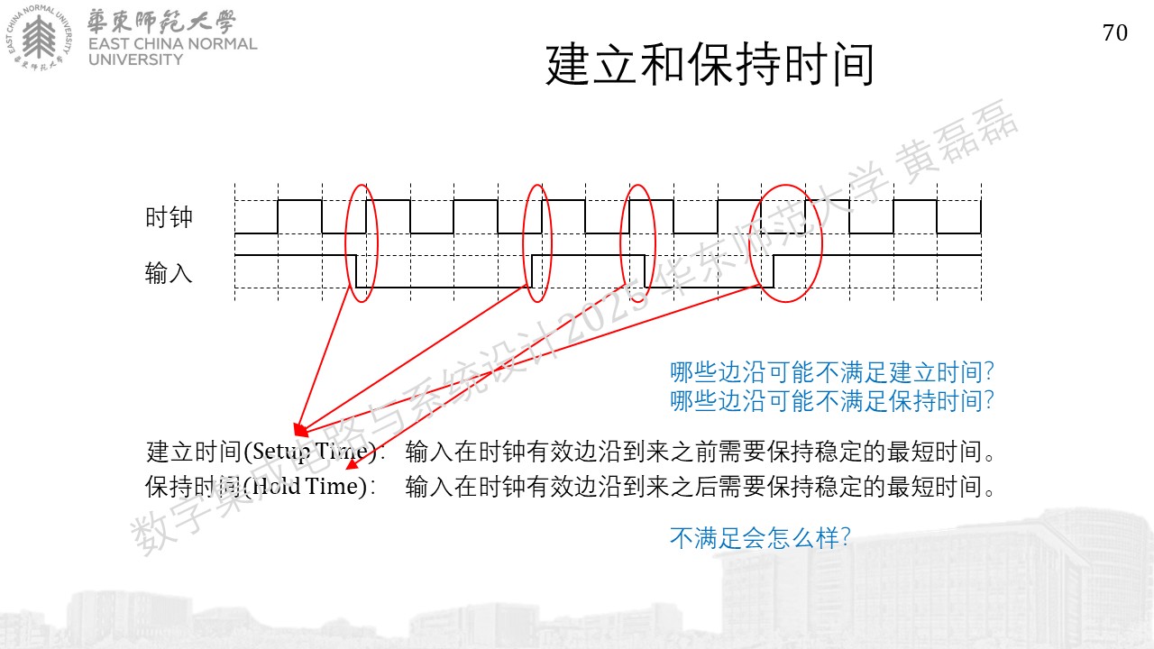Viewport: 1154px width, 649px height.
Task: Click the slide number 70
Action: [x=1115, y=33]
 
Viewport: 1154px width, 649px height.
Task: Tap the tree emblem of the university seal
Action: [x=39, y=36]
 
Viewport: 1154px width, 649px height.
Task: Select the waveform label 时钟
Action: [x=169, y=217]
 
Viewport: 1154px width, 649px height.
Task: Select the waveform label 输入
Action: [x=169, y=272]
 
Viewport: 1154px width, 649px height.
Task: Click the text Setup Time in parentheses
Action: [x=309, y=452]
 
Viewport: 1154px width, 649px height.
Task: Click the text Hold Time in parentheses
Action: [x=308, y=486]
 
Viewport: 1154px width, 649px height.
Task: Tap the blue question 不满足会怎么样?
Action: [x=760, y=538]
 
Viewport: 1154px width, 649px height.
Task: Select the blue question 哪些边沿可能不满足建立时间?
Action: [x=832, y=372]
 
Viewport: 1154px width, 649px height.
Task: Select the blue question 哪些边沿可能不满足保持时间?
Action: [x=832, y=401]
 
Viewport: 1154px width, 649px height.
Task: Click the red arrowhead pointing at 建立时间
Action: [x=300, y=430]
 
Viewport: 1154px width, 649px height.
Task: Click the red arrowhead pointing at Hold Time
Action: [x=352, y=464]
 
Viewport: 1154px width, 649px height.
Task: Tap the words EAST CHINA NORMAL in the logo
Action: [x=172, y=44]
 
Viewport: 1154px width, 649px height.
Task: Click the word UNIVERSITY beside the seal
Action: [x=135, y=59]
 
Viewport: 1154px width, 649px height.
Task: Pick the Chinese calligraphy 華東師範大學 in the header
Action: [x=161, y=21]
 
